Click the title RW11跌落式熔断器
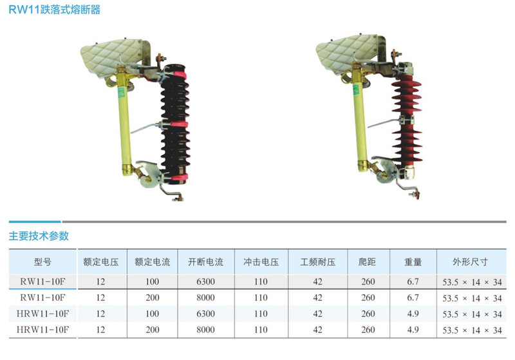tap(55, 10)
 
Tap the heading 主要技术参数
tap(39, 236)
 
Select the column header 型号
tap(42, 261)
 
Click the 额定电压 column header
tap(101, 261)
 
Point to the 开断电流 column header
tap(205, 261)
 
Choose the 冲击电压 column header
tap(261, 261)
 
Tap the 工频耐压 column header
tap(317, 261)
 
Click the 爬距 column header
tap(367, 261)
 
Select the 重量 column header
tap(413, 261)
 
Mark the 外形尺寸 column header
tap(470, 261)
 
